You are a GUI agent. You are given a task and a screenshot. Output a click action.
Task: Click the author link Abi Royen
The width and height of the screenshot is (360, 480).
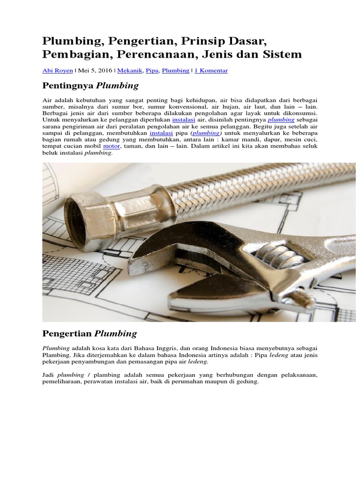57,71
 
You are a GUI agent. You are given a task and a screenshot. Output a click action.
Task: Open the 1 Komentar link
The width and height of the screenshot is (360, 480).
211,71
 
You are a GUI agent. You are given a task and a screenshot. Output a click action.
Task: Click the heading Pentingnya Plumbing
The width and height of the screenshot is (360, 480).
90,86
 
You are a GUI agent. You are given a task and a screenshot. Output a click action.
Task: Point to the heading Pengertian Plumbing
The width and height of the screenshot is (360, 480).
90,334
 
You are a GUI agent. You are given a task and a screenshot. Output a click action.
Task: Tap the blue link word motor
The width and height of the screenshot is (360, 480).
112,147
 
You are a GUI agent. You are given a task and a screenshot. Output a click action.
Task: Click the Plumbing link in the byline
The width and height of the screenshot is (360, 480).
175,71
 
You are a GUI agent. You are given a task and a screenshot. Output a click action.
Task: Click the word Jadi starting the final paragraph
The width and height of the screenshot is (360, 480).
48,375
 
